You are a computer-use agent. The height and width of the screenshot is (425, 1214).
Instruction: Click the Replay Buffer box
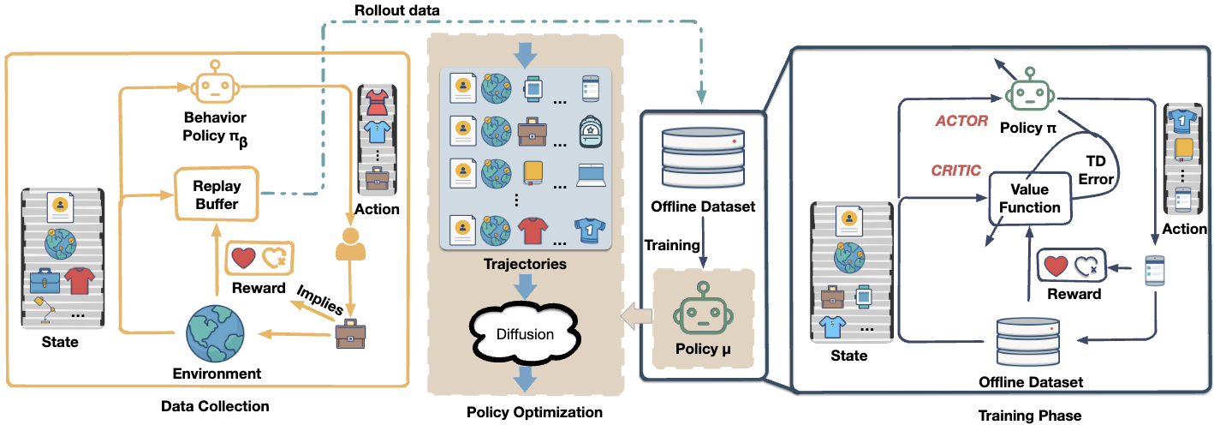(x=217, y=194)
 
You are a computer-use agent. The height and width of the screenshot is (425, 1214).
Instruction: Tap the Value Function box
(x=1030, y=199)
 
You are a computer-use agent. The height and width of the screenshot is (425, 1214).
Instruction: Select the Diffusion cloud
(x=525, y=334)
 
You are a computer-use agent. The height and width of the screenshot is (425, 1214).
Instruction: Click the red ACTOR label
(x=961, y=121)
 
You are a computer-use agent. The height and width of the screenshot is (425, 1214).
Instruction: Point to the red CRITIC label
(x=956, y=171)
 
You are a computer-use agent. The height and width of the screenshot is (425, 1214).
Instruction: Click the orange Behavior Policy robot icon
(x=215, y=82)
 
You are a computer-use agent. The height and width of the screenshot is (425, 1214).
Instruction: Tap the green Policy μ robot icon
(x=703, y=309)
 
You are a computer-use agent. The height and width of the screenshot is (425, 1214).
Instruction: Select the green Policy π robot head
(x=1030, y=91)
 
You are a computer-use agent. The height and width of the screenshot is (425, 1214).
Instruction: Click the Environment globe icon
(x=215, y=333)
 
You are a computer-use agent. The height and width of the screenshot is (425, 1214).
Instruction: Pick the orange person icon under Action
(x=351, y=244)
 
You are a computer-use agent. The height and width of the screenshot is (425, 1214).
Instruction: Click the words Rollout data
(x=396, y=10)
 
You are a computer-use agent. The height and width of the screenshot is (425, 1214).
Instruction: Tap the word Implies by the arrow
(x=320, y=300)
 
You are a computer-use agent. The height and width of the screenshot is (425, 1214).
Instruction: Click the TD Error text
(x=1096, y=171)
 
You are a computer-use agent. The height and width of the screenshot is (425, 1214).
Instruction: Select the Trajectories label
(x=525, y=264)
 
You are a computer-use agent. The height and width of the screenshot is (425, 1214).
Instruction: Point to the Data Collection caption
(x=215, y=406)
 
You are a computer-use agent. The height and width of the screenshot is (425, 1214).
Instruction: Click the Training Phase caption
(x=1030, y=416)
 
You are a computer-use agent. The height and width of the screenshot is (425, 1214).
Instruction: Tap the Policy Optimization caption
(x=534, y=412)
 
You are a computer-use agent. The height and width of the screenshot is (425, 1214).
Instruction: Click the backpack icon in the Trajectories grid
(x=590, y=132)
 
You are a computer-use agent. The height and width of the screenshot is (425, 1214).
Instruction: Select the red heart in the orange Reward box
(x=243, y=258)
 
